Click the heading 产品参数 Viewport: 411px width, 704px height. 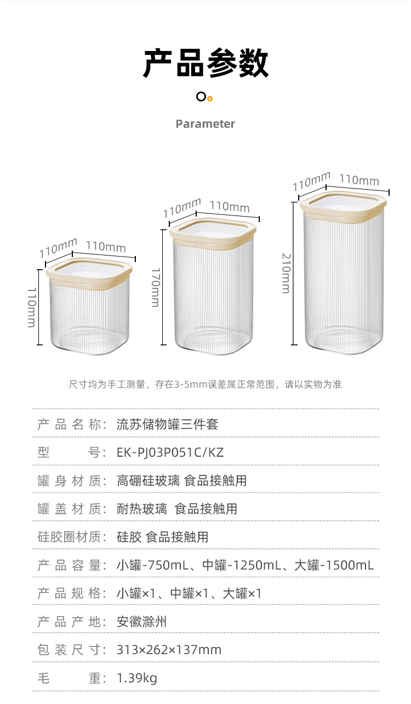pos(206,64)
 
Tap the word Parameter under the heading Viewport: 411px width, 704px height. pos(205,124)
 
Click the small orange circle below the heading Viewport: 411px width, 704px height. pos(210,99)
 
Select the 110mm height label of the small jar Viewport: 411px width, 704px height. pos(32,308)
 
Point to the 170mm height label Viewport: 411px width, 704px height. pos(156,287)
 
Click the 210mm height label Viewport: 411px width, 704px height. pos(286,273)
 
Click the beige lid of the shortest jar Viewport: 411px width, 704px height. pos(89,271)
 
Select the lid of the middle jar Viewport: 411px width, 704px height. pos(213,232)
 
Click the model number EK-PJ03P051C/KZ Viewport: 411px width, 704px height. pos(170,452)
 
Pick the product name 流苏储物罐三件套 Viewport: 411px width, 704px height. pos(168,424)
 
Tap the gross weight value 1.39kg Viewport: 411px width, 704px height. pos(136,678)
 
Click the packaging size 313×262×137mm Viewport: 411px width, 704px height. pos(169,650)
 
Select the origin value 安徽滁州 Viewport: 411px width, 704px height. pos(141,622)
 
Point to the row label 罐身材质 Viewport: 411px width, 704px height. pos(69,481)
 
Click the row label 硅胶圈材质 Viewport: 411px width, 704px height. pos(69,537)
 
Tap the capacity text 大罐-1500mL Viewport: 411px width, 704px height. pos(334,565)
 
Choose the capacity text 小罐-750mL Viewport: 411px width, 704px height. pos(153,565)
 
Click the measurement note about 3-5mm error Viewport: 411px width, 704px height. pos(205,384)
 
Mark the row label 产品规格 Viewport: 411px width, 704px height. pos(69,593)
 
